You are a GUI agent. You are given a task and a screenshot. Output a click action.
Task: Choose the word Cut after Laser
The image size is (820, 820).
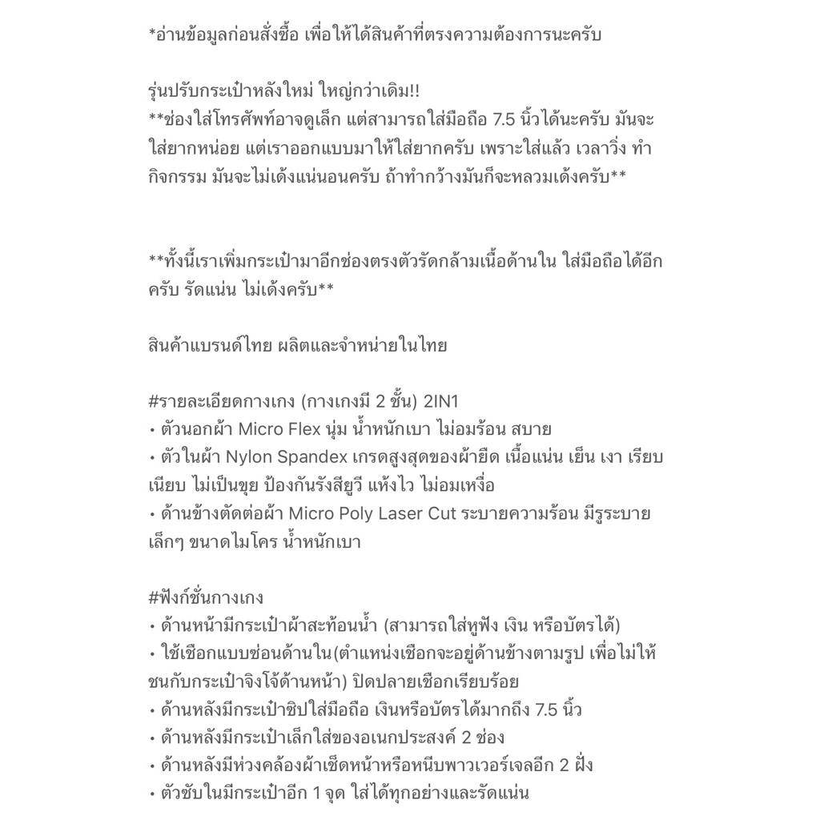[437, 513]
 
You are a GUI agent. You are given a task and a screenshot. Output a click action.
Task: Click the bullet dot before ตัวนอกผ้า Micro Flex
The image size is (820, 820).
[152, 430]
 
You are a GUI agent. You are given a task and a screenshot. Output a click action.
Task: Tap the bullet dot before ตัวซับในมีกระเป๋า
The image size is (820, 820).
[152, 794]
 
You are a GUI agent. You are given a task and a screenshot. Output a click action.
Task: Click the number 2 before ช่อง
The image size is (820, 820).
[466, 738]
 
